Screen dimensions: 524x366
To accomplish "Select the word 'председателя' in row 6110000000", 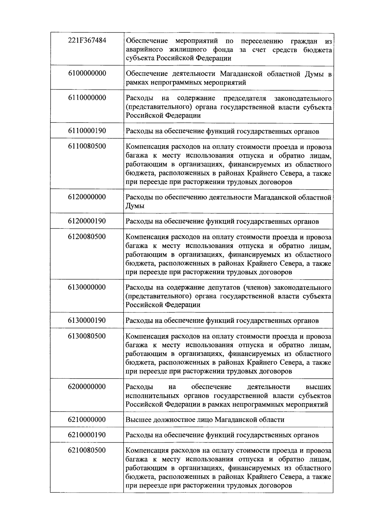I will point(245,98).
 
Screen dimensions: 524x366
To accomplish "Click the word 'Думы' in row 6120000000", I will point(135,206).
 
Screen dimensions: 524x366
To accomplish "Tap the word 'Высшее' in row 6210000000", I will point(137,420).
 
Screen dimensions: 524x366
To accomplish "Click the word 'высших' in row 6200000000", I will point(318,387).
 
